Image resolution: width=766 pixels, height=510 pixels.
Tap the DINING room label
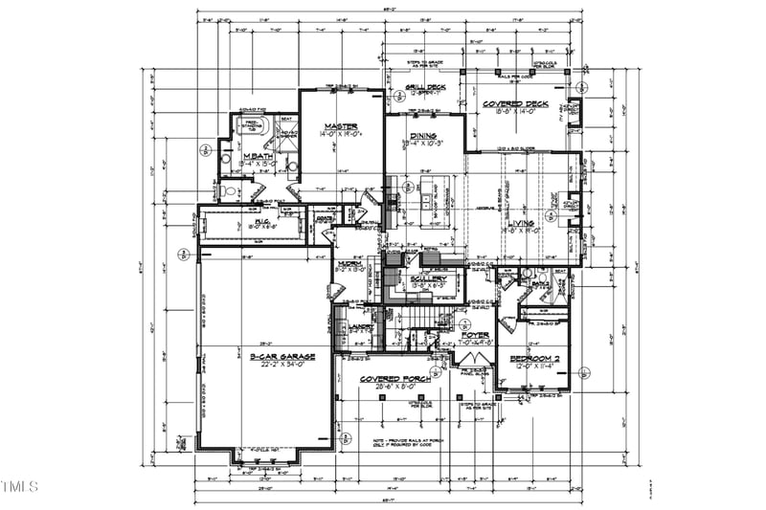pos(423,136)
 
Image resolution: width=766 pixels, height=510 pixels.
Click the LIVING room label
pos(548,223)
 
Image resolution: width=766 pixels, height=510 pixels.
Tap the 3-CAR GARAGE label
pos(282,356)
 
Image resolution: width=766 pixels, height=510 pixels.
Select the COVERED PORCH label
pos(392,379)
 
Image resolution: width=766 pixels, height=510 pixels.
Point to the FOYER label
pos(475,336)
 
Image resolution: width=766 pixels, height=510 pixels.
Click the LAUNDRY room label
pos(360,326)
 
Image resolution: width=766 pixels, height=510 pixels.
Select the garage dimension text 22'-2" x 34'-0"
pos(282,365)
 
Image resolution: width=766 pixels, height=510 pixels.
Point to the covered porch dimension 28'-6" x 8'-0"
pos(392,388)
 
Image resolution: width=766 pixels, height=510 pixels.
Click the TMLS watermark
pos(20,487)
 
